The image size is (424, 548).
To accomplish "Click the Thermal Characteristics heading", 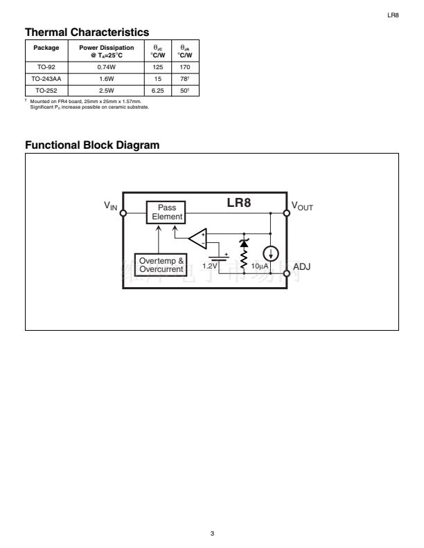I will click(87, 32).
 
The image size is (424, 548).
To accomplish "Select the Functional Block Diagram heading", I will click(92, 145).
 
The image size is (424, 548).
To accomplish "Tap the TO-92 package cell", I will click(46, 68).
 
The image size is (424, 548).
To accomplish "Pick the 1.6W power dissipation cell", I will click(107, 79).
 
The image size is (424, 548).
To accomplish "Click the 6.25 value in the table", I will click(157, 90).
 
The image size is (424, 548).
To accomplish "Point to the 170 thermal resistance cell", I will click(184, 68).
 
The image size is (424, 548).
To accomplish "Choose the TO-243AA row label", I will click(46, 79).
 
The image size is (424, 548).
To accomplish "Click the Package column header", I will click(46, 48).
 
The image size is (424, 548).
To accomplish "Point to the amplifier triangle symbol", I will click(198, 237).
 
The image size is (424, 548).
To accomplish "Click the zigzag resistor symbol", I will click(244, 259).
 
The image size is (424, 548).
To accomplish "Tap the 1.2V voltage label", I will click(209, 266).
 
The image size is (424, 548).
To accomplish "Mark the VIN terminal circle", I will click(123, 213).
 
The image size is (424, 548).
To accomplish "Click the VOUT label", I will click(302, 206).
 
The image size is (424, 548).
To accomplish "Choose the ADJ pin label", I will click(301, 266).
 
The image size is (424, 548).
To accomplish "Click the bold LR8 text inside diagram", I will click(239, 203).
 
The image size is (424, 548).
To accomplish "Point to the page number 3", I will click(213, 533).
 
